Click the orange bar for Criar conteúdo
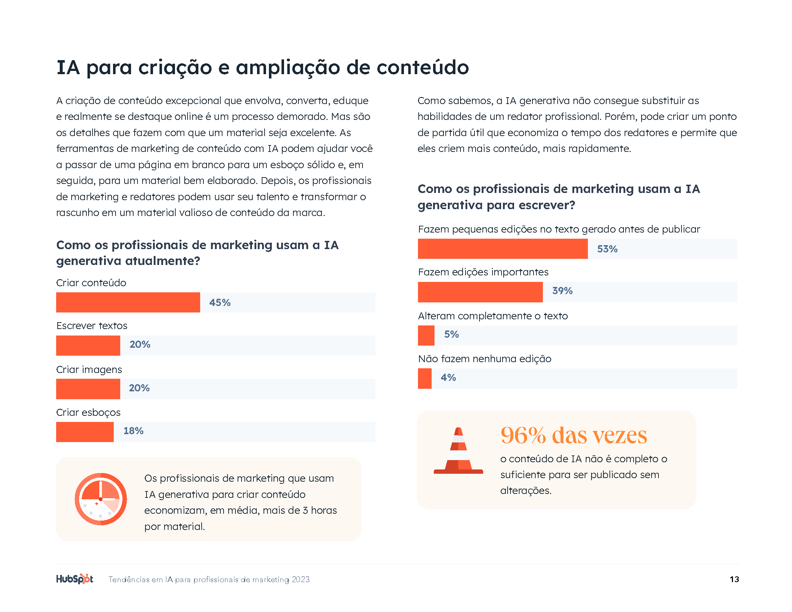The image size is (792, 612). (128, 302)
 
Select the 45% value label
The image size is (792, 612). (220, 302)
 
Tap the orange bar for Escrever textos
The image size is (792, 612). (88, 345)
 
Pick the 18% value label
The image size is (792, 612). (133, 431)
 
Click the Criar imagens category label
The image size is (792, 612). (89, 369)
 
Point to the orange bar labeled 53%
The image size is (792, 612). (502, 249)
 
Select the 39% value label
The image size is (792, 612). (562, 291)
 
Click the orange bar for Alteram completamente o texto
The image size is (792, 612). (426, 335)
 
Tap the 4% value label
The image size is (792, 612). (448, 377)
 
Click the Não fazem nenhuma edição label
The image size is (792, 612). (484, 359)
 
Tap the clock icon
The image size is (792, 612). (100, 499)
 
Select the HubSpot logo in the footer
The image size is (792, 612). (75, 579)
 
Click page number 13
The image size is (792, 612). (734, 579)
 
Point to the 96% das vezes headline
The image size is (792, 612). (573, 435)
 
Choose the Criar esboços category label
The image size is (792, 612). (88, 412)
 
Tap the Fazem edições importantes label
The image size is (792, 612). (483, 272)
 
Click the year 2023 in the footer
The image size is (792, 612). (301, 579)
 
